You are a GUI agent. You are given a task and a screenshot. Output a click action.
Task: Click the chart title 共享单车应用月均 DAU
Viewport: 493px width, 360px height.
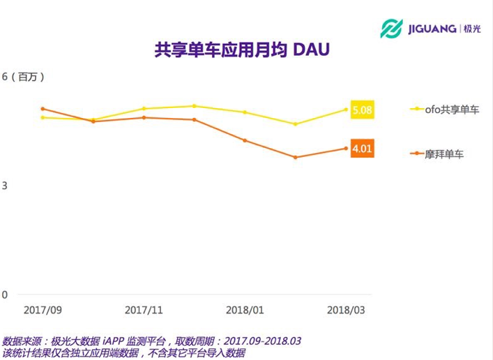pos(241,51)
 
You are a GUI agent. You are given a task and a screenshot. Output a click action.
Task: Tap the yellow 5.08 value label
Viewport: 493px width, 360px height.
pos(363,110)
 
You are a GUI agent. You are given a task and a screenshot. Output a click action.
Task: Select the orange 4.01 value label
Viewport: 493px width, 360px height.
pos(363,148)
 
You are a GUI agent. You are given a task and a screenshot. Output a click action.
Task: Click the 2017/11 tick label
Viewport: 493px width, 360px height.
pos(144,309)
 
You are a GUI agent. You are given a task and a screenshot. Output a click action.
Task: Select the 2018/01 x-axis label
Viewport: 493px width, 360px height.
pos(245,309)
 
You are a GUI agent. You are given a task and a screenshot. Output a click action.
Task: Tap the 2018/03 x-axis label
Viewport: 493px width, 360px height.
pos(346,309)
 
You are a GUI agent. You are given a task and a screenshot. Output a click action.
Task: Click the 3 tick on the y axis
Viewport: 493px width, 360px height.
pos(5,186)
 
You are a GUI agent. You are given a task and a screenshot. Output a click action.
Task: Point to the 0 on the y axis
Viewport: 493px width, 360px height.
pos(5,294)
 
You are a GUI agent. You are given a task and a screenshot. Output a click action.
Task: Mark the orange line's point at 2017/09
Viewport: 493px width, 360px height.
pos(43,109)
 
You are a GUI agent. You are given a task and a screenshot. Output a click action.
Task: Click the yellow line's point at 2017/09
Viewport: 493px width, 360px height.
pos(43,117)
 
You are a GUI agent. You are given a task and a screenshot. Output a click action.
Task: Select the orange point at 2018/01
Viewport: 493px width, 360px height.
pos(245,140)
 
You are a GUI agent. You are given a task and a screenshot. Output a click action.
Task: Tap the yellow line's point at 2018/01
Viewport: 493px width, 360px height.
pos(245,112)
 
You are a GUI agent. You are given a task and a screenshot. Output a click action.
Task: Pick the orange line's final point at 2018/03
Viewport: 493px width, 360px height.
pos(346,148)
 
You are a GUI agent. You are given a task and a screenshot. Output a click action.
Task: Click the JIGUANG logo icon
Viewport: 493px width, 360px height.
pos(391,29)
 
